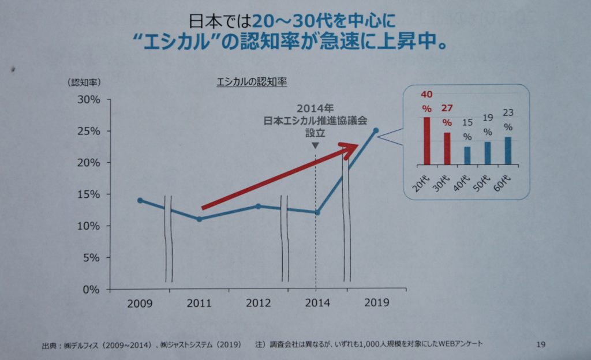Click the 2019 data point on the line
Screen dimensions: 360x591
376,130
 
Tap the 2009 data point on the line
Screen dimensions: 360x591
140,200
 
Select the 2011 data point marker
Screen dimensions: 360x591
199,219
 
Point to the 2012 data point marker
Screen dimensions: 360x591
259,206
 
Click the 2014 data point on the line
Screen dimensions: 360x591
317,212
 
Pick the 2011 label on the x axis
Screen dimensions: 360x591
199,303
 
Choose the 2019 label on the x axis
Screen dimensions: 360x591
377,303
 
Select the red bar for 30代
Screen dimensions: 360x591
447,148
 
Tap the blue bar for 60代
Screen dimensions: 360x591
507,151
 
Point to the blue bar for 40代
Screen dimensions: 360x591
467,155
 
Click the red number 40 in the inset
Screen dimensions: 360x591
427,95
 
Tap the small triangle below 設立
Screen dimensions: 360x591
315,145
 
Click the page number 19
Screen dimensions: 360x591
541,344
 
